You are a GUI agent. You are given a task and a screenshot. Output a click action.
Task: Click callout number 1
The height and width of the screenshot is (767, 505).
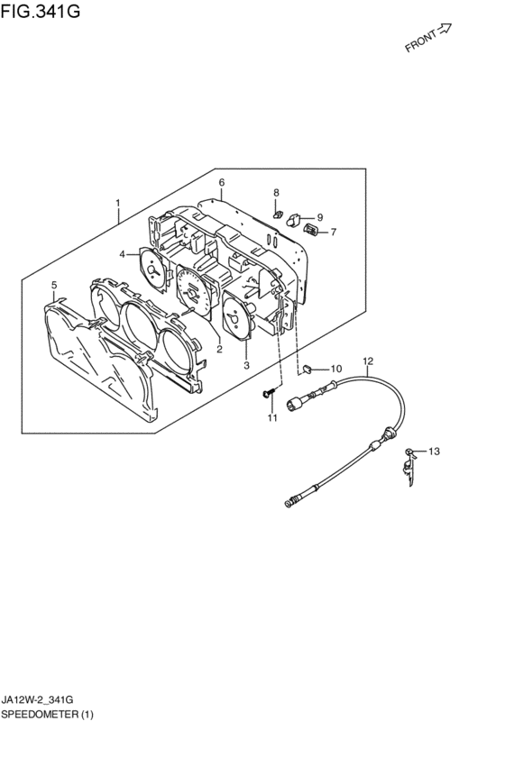(117, 202)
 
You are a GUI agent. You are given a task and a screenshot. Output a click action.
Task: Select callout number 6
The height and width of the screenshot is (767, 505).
(222, 182)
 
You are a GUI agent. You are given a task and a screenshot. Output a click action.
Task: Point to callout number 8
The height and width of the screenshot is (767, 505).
(276, 192)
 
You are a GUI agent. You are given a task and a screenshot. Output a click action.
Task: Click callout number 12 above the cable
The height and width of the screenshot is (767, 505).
(368, 361)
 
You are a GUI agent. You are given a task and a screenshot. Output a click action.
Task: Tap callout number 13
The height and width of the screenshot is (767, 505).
(434, 451)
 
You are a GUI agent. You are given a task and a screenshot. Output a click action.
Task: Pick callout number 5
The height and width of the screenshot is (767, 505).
(54, 285)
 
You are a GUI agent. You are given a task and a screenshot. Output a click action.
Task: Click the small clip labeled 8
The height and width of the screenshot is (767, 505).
(279, 215)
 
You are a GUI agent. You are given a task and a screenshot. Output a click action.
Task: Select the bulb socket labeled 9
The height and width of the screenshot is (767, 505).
(294, 220)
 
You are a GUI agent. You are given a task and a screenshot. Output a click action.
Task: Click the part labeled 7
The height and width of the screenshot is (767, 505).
(311, 230)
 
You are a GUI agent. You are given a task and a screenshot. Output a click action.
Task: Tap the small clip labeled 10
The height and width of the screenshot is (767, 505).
(308, 368)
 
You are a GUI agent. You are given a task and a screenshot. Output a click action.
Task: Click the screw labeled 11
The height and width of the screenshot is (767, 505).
(268, 392)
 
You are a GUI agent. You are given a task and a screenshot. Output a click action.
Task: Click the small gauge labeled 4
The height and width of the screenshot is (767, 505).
(154, 270)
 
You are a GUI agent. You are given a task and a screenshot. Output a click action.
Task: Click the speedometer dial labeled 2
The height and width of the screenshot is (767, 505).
(193, 292)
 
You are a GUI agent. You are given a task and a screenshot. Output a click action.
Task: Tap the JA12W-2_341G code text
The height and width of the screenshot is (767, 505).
(38, 700)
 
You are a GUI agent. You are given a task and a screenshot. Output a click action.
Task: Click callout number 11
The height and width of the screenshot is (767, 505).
(272, 417)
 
